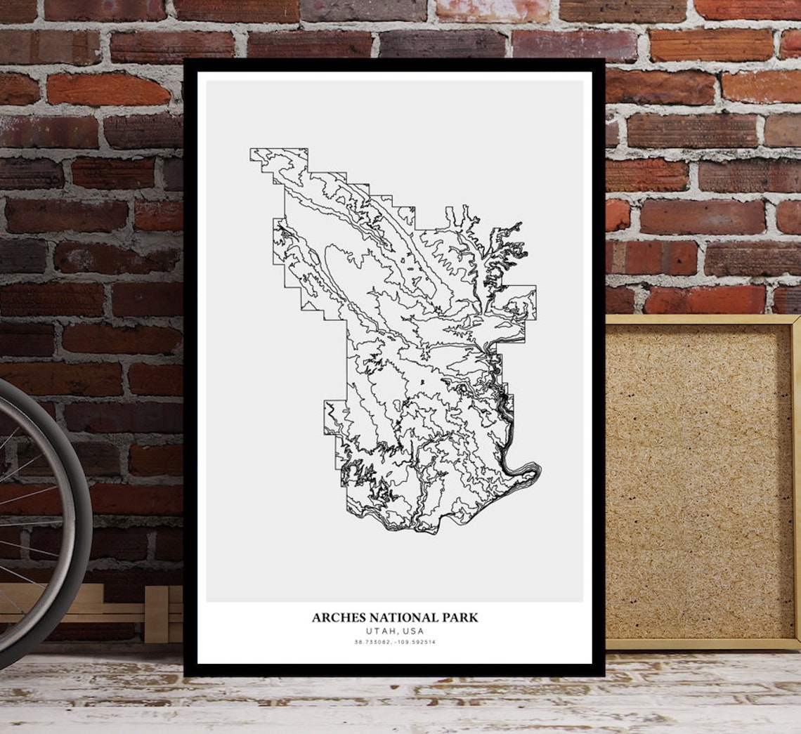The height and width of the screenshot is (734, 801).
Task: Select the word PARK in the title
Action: [x=460, y=618]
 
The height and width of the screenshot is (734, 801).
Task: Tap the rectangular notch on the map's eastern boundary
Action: [x=520, y=302]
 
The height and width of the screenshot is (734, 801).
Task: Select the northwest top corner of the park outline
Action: [x=252, y=150]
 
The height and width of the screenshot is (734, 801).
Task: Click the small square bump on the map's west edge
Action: [x=334, y=417]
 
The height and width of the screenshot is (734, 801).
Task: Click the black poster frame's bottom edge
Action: [x=393, y=670]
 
